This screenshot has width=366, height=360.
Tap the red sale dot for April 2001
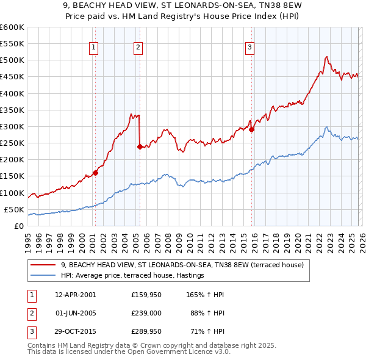click(x=95, y=173)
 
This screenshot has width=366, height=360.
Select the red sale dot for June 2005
click(x=140, y=146)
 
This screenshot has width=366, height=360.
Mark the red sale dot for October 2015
click(x=251, y=129)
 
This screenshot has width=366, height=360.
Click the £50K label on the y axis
click(x=14, y=209)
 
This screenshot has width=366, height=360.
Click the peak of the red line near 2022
click(x=326, y=57)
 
